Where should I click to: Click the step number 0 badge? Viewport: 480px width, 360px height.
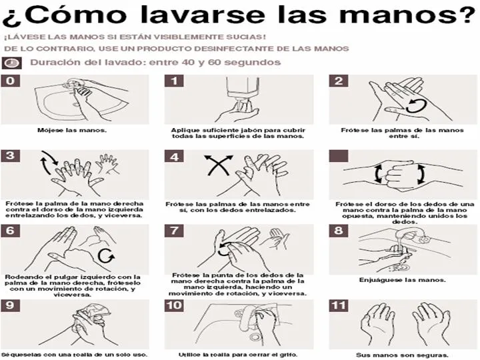(x=9, y=81)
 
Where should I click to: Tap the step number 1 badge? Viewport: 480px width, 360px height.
(x=174, y=81)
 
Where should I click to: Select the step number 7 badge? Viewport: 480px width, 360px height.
(x=174, y=231)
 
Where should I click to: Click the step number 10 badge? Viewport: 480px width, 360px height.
(x=174, y=306)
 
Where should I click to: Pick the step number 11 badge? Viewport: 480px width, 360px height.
(x=339, y=306)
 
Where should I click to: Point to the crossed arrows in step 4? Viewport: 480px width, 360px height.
(x=218, y=165)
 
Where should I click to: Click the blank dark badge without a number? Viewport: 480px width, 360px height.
(x=339, y=156)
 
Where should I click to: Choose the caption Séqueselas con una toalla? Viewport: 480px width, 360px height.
(x=73, y=355)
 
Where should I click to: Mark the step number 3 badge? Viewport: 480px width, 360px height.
(x=9, y=156)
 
